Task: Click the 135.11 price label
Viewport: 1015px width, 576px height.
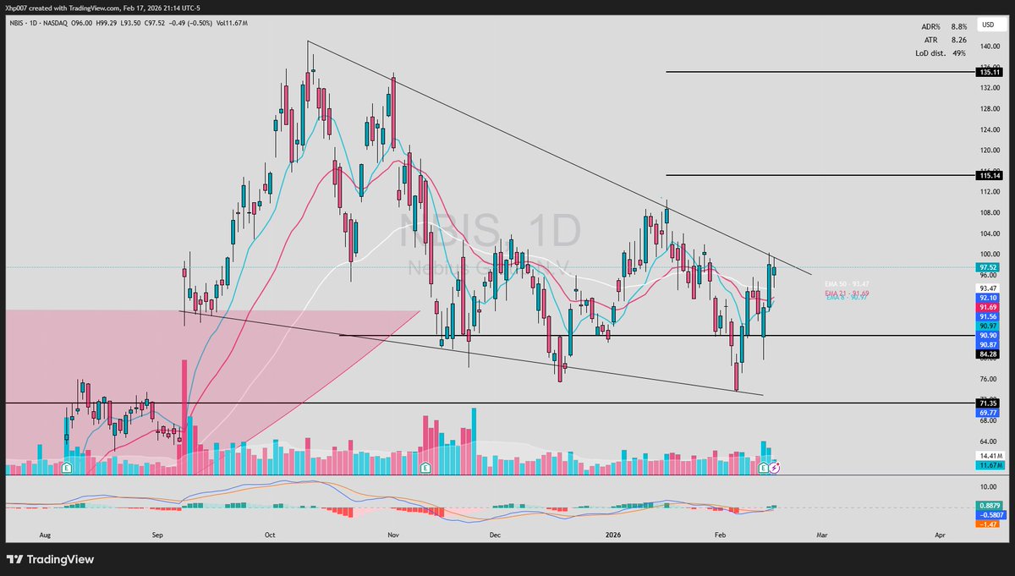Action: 989,73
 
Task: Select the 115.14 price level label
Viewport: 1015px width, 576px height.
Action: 989,175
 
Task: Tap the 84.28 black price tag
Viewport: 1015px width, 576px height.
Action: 989,354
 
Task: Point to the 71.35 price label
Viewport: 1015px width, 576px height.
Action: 989,403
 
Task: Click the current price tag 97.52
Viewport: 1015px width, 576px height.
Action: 989,267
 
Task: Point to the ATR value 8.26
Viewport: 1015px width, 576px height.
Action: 958,40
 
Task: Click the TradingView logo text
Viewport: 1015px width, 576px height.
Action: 60,559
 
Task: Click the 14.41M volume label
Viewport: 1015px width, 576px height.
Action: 989,456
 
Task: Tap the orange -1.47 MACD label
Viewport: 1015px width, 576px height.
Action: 989,524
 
